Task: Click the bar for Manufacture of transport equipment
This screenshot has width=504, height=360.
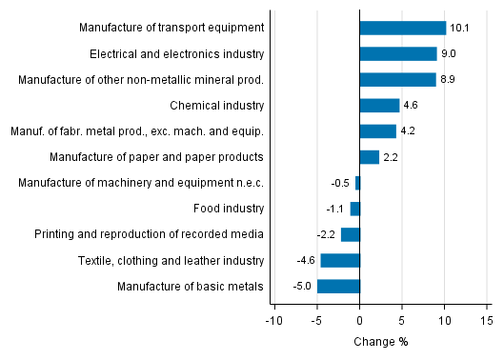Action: click(402, 29)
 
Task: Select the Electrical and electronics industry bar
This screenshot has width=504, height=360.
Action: click(398, 54)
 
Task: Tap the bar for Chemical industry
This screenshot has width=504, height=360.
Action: click(379, 106)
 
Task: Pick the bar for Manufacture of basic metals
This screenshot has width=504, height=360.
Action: click(338, 286)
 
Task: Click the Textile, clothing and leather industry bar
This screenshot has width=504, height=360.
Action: click(340, 260)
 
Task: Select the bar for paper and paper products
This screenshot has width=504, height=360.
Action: click(369, 157)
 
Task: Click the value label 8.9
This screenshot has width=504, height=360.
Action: click(449, 80)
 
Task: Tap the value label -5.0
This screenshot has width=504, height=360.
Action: click(303, 286)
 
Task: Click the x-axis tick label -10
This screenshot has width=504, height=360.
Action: click(273, 320)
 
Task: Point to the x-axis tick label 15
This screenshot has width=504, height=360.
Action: click(486, 320)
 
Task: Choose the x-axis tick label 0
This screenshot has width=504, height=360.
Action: click(359, 320)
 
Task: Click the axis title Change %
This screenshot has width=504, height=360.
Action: click(380, 342)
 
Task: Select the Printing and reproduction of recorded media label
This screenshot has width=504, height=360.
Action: click(149, 234)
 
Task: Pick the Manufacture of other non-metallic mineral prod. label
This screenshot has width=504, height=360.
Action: click(141, 80)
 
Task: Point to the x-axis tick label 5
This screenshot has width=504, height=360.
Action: click(401, 320)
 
